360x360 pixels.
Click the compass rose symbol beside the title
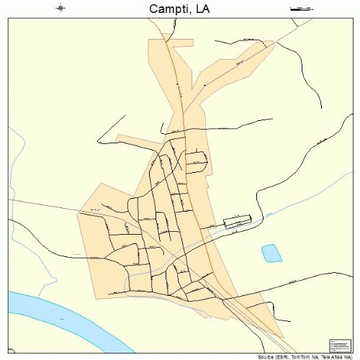pyautogui.click(x=60, y=9)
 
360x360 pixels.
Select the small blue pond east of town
pyautogui.click(x=271, y=253)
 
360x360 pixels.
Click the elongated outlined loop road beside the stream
pyautogui.click(x=236, y=222)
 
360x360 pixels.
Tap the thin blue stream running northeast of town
pyautogui.click(x=302, y=194)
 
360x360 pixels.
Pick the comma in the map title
pyautogui.click(x=192, y=12)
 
